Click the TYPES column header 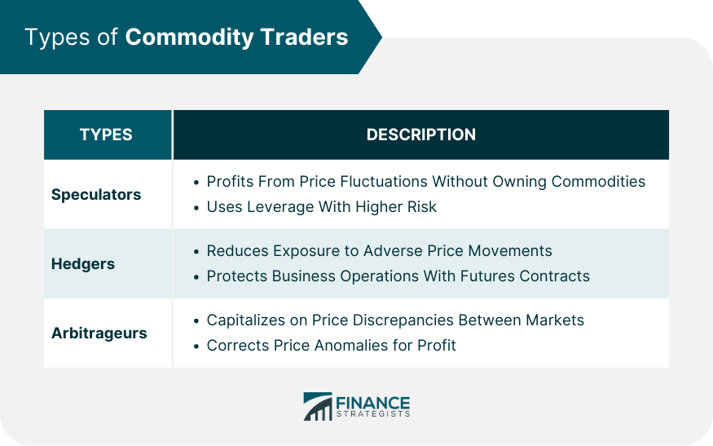(x=106, y=135)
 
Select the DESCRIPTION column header (x=421, y=135)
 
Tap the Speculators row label (x=96, y=195)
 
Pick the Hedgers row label (x=83, y=264)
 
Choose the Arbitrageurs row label (x=99, y=333)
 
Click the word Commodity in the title (x=189, y=38)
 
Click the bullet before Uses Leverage (x=196, y=208)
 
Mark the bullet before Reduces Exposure (x=196, y=252)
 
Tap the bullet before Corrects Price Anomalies (x=196, y=347)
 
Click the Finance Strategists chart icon (x=318, y=406)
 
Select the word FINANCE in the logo (x=373, y=403)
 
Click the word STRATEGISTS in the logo (x=373, y=414)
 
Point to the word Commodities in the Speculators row (x=598, y=181)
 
